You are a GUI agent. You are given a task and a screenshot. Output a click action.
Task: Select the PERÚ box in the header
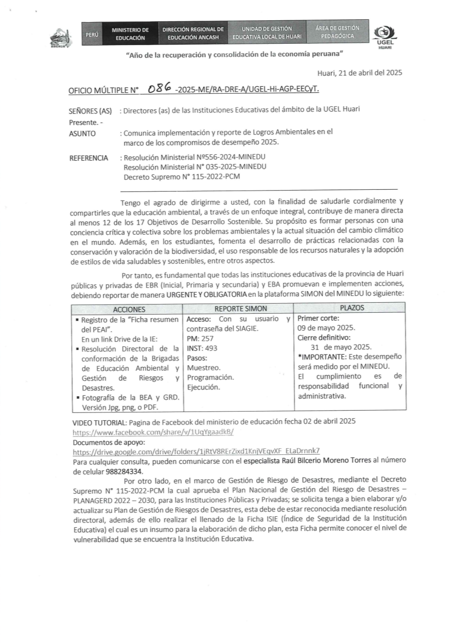pyautogui.click(x=92, y=34)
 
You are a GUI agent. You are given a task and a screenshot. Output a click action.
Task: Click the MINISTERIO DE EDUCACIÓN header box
pyautogui.click(x=130, y=34)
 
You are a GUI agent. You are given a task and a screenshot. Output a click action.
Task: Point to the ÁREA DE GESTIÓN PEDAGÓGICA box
pyautogui.click(x=337, y=32)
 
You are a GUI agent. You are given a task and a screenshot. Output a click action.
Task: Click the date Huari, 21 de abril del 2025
pyautogui.click(x=359, y=73)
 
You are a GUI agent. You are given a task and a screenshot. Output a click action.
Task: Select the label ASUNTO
pyautogui.click(x=82, y=134)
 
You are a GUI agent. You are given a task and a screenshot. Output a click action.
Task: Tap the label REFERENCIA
pyautogui.click(x=89, y=158)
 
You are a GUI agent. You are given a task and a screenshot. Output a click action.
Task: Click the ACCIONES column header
pyautogui.click(x=129, y=310)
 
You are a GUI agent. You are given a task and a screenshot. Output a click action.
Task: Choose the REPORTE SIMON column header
pyautogui.click(x=241, y=309)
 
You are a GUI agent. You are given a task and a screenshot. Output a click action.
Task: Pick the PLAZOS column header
pyautogui.click(x=352, y=308)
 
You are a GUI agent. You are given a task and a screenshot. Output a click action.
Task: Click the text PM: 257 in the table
pyautogui.click(x=200, y=338)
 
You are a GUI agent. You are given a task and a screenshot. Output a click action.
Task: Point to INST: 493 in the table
pyautogui.click(x=202, y=348)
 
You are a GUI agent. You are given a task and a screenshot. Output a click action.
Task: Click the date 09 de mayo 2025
pyautogui.click(x=326, y=327)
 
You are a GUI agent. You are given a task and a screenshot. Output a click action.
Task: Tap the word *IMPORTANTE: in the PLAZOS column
pyautogui.click(x=322, y=356)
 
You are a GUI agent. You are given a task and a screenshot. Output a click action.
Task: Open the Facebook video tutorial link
pyautogui.click(x=153, y=432)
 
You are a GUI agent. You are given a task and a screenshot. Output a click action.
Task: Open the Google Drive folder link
pyautogui.click(x=196, y=451)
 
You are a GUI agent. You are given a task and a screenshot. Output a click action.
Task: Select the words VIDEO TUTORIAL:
pyautogui.click(x=99, y=423)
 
